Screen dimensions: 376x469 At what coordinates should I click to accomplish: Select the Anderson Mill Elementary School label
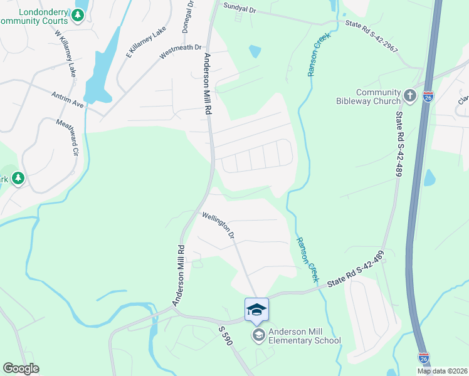tap(305, 337)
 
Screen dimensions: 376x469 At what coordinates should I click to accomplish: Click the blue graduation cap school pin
tap(256, 310)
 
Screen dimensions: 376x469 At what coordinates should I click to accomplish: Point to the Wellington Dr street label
tap(218, 225)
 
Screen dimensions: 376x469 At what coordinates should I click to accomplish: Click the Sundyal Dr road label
tap(241, 8)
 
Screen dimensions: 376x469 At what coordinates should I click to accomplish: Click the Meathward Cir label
tap(68, 137)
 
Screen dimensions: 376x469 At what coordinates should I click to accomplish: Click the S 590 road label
tap(226, 337)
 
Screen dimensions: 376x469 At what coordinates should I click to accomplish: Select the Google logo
tap(21, 368)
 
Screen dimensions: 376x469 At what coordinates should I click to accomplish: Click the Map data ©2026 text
tap(442, 371)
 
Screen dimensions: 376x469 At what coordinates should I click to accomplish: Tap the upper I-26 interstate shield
tap(427, 97)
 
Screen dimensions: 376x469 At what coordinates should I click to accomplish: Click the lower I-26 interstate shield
tap(424, 358)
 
